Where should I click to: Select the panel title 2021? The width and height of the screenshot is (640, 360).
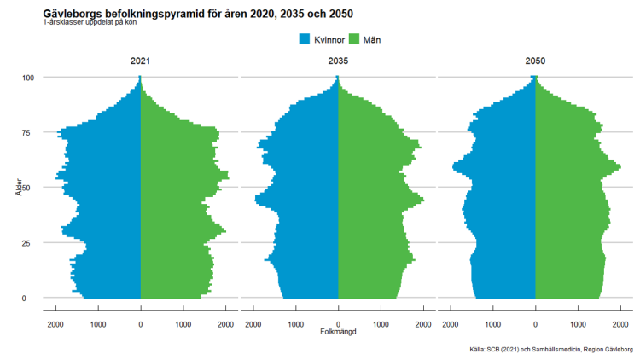pyautogui.click(x=141, y=61)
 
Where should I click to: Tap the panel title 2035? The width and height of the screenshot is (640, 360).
pyautogui.click(x=338, y=61)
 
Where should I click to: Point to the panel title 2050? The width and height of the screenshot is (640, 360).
pyautogui.click(x=535, y=61)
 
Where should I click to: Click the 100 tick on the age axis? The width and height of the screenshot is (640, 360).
pyautogui.click(x=27, y=78)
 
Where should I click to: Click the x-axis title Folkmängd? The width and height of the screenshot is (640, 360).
pyautogui.click(x=338, y=332)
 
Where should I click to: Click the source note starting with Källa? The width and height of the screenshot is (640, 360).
pyautogui.click(x=550, y=350)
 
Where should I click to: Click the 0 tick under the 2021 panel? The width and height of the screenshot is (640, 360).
pyautogui.click(x=141, y=324)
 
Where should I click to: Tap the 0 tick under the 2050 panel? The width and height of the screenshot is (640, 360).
pyautogui.click(x=535, y=324)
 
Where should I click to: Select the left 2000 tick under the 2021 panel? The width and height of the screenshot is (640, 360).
pyautogui.click(x=56, y=324)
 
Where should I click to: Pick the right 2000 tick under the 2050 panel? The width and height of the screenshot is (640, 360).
pyautogui.click(x=620, y=324)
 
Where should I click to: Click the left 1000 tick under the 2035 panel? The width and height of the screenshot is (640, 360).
pyautogui.click(x=296, y=324)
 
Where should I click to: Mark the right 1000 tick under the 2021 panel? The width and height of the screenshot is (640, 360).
pyautogui.click(x=183, y=324)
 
